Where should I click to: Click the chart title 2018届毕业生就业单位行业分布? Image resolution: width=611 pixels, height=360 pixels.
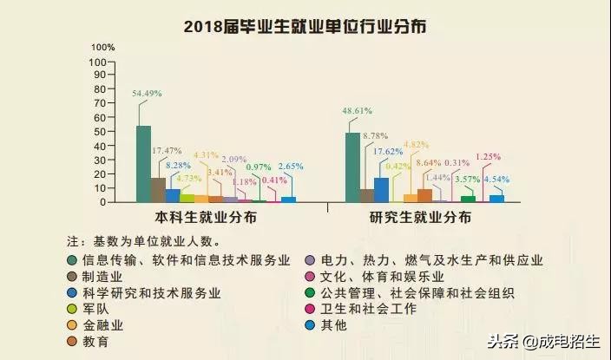coord(305,27)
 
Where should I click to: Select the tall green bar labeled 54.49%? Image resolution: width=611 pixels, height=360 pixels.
coord(143,164)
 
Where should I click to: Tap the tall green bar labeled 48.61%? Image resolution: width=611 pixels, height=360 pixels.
coord(352,167)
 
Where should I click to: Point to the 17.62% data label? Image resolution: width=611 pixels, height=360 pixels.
coord(387,150)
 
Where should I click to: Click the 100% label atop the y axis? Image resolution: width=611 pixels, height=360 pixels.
coord(103,46)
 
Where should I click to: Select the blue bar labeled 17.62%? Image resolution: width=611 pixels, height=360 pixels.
coord(381,189)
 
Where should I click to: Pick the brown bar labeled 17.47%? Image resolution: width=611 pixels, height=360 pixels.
coord(158,189)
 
